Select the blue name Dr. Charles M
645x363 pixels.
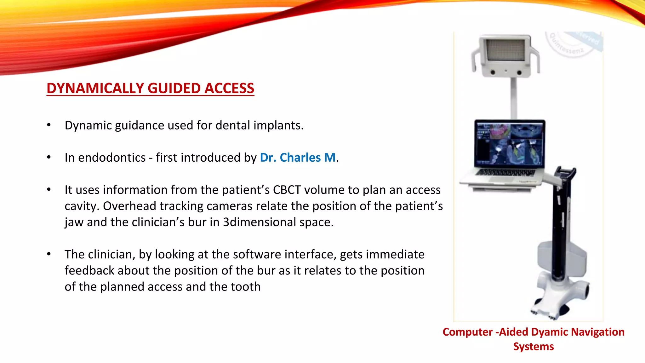click(298, 157)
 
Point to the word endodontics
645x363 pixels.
click(112, 157)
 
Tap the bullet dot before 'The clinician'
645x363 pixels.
click(49, 254)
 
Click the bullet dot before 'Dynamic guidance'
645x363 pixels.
click(49, 125)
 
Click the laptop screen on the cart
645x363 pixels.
click(510, 144)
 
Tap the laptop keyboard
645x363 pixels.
click(505, 172)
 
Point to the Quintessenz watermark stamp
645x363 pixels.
click(570, 44)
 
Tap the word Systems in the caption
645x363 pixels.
click(533, 346)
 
